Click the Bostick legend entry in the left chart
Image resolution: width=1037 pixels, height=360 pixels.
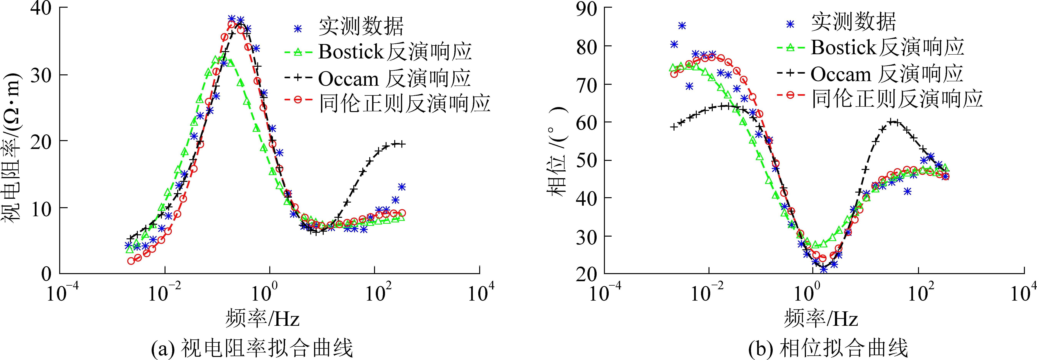click(394, 52)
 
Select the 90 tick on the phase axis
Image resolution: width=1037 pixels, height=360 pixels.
click(586, 9)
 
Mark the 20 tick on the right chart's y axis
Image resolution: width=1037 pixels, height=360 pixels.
click(586, 274)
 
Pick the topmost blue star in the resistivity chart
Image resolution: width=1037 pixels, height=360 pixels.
click(231, 18)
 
